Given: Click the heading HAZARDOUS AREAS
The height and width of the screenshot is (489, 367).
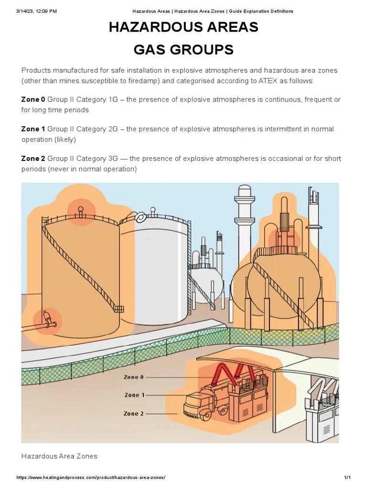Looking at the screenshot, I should [183, 28].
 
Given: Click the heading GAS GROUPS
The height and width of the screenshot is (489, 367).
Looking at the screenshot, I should [183, 50].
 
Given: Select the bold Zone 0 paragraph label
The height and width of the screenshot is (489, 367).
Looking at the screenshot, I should [33, 99].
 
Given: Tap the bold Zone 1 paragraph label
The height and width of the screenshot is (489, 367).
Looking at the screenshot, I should [33, 129].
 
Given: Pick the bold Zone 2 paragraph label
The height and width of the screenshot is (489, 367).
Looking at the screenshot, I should [33, 159].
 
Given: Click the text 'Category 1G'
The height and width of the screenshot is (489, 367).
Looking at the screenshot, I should [96, 99].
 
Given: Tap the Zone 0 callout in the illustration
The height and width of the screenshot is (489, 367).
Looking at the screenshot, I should [133, 377].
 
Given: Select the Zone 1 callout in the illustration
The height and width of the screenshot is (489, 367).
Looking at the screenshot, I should [134, 395].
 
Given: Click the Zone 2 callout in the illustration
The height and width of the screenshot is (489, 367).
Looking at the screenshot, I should [133, 414].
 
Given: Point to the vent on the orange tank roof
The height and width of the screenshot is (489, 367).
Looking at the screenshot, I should [81, 210].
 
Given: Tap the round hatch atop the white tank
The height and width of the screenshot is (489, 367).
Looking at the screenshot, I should [140, 217].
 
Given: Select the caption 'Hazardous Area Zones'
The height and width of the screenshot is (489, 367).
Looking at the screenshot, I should [59, 456].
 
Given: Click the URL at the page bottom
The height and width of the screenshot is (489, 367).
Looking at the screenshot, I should [91, 478].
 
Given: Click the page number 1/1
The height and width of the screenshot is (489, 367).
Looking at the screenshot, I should [347, 478].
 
